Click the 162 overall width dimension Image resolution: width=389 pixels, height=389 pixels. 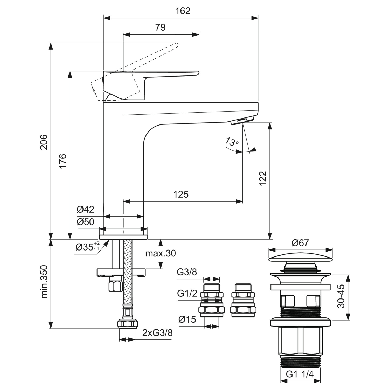(183, 11)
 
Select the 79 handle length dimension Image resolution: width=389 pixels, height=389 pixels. (160, 27)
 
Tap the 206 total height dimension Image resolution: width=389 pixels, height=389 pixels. (44, 142)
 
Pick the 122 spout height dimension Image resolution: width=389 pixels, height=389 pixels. (263, 178)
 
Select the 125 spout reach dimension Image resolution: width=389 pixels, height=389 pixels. (181, 194)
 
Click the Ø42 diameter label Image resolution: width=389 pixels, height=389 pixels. (85, 209)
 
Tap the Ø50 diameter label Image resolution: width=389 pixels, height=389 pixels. (85, 222)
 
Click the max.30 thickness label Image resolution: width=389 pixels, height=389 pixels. (160, 253)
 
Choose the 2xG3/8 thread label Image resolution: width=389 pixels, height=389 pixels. (157, 333)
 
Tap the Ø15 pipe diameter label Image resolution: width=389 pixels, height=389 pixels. (187, 319)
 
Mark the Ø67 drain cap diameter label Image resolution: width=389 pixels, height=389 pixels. (300, 243)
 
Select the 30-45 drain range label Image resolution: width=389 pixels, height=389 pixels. (341, 296)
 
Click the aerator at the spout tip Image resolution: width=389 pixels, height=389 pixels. (242, 121)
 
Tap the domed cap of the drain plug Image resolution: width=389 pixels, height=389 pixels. (301, 258)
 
